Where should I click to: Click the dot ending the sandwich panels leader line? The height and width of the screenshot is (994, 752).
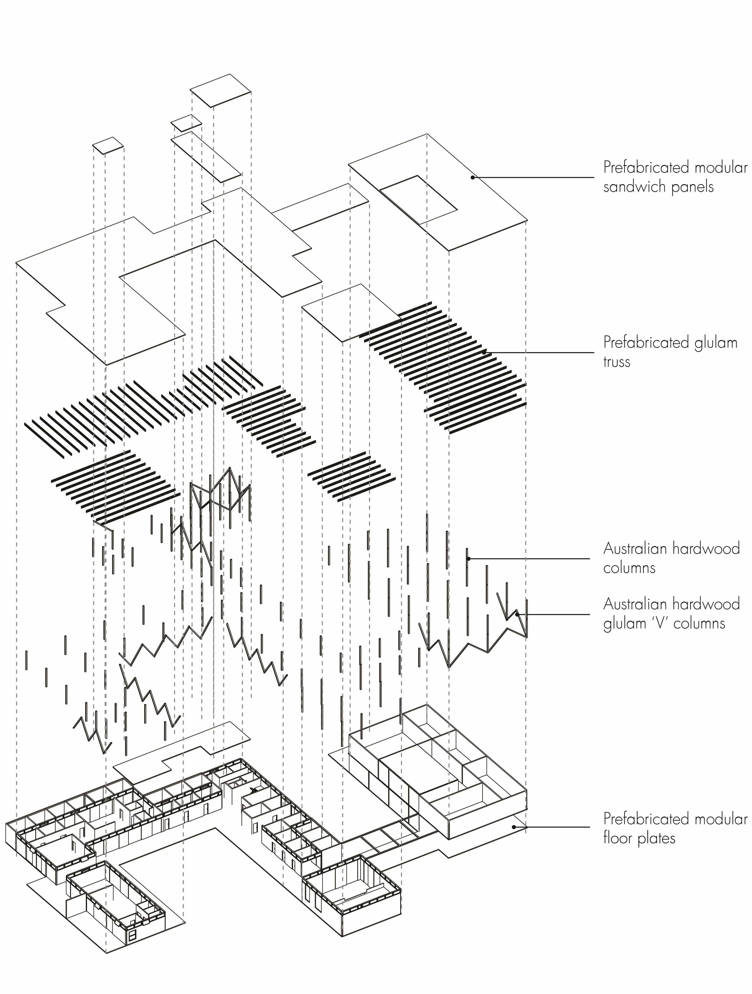(x=473, y=177)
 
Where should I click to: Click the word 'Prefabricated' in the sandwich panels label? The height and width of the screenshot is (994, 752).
(x=646, y=168)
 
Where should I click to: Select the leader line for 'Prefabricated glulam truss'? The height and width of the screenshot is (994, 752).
(x=539, y=353)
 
